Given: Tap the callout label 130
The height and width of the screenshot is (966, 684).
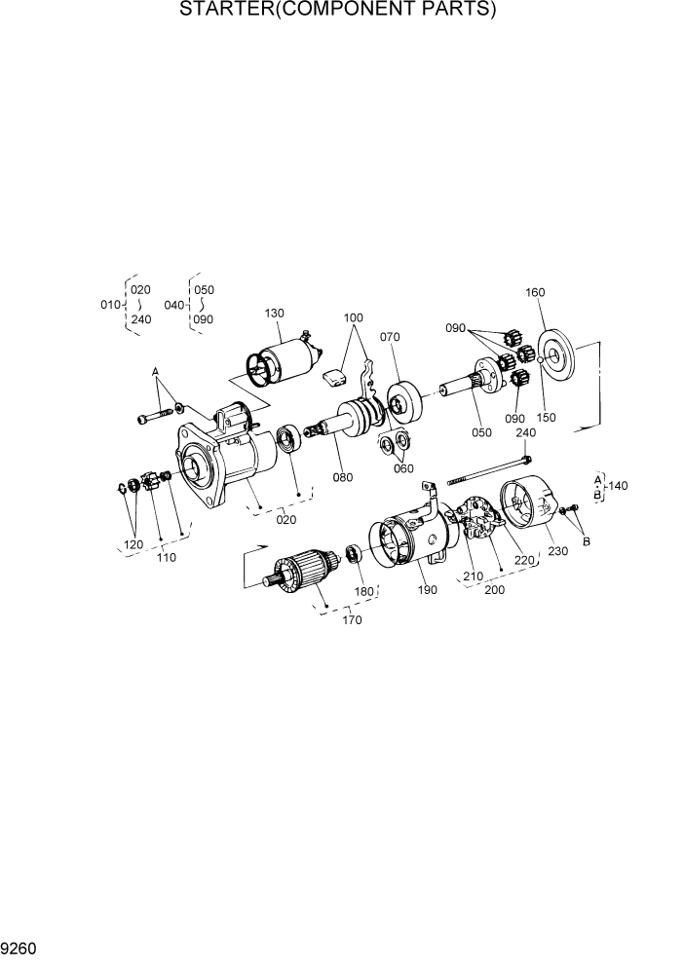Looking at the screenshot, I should pos(274,314).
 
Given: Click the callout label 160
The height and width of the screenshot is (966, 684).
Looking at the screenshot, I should pos(535,292).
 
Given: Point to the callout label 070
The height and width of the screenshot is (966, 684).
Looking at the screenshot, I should pos(391,338).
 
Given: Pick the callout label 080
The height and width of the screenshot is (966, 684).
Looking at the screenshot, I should pos(341,477).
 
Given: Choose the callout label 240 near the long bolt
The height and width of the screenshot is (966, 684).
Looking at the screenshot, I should pos(525,433).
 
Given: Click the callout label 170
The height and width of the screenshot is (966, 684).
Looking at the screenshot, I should pos(352,620).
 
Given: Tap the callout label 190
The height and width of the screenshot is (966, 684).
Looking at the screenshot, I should pos(429,591).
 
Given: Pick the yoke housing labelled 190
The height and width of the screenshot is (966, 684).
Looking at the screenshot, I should pos(409,540).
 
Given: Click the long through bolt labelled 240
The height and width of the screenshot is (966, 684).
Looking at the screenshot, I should pos(487,469).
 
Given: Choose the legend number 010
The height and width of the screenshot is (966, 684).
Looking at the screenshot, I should pos(110,305).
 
